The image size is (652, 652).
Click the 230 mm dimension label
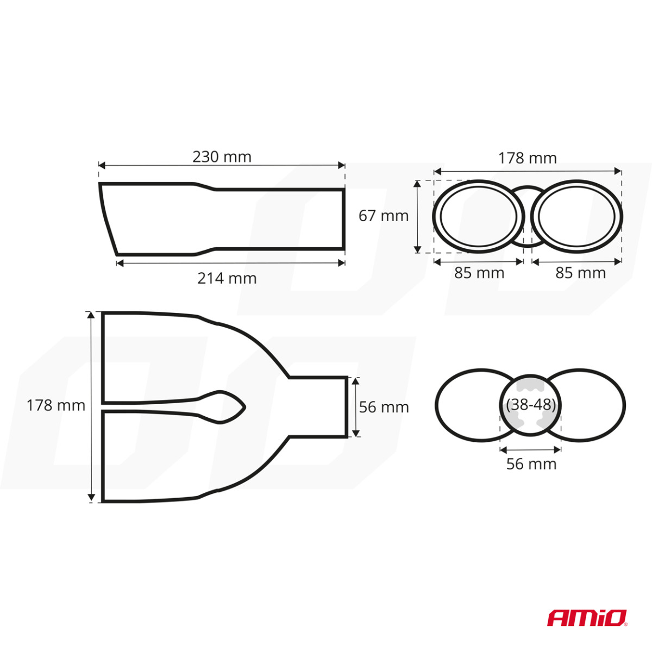[222, 157]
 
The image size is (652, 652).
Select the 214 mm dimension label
[227, 278]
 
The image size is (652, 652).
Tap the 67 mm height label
[383, 216]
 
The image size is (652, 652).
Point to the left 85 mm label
[479, 273]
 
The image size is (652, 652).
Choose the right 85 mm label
[580, 273]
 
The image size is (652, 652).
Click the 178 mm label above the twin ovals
[528, 158]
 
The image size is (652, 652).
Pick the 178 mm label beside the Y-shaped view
[56, 405]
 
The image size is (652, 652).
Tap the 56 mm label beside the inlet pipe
[384, 407]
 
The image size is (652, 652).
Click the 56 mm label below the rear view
[531, 464]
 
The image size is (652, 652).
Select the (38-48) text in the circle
[530, 405]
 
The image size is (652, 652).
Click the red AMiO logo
[587, 618]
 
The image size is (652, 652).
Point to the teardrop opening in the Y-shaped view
[228, 406]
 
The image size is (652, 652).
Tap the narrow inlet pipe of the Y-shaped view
[318, 406]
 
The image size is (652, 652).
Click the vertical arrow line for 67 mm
[417, 216]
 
